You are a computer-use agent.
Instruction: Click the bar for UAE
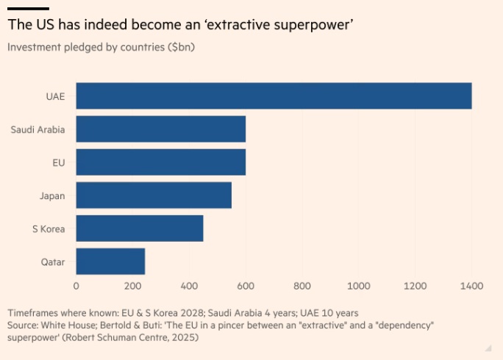[x=274, y=96]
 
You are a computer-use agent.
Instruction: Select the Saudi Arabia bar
[x=160, y=129]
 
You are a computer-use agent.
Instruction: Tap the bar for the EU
[x=160, y=162]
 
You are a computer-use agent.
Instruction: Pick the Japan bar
[x=154, y=195]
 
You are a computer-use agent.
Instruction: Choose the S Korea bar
[x=139, y=228]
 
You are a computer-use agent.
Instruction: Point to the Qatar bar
[x=110, y=262]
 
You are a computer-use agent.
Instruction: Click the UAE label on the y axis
[x=55, y=96]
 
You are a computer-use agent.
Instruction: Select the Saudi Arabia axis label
[x=38, y=130]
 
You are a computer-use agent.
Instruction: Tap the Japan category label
[x=52, y=195]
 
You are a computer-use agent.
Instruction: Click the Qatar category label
[x=52, y=262]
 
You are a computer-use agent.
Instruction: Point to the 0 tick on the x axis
[x=76, y=286]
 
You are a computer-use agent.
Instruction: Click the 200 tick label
[x=132, y=286]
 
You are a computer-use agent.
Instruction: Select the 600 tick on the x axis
[x=246, y=286]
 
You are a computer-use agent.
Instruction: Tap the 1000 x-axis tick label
[x=358, y=286]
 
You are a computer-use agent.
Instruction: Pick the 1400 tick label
[x=471, y=286]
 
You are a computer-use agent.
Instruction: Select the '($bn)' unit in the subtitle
[x=182, y=48]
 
